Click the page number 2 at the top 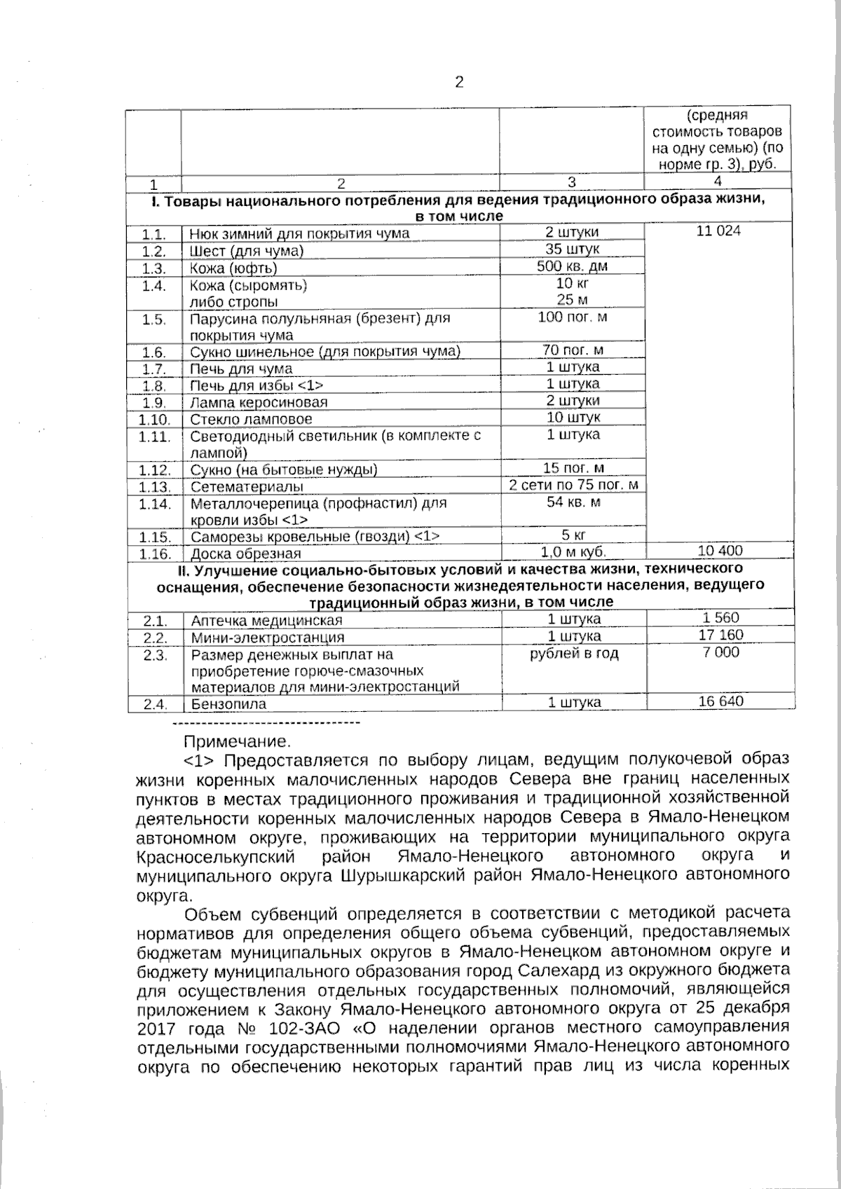459,83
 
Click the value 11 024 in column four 718,231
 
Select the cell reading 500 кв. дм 572,266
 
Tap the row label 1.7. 153,369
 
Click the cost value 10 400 720,551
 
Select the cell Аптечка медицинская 266,621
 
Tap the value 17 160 721,635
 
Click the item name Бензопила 228,704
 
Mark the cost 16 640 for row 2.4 721,701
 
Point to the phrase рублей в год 573,654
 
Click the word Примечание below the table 236,741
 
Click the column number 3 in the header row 571,182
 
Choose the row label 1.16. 154,554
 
